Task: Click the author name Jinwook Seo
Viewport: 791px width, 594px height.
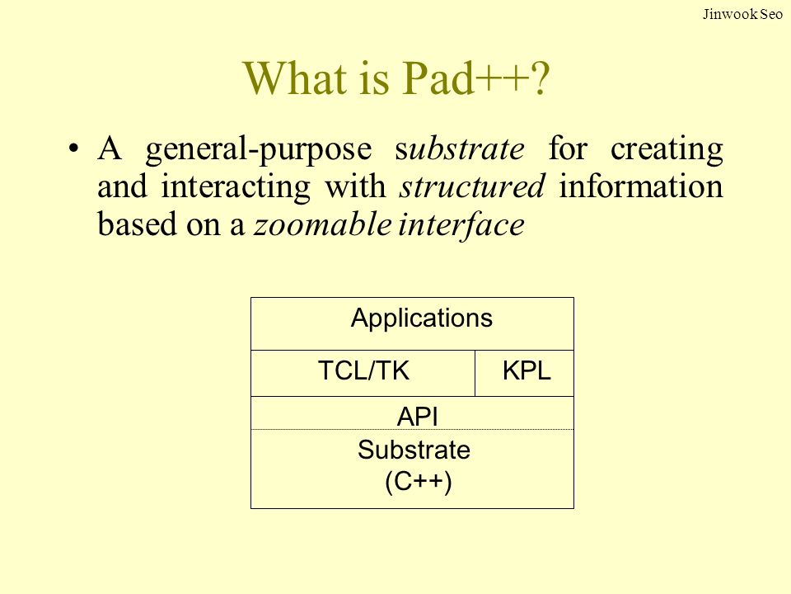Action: (x=742, y=14)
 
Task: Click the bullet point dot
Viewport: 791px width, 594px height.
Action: (x=74, y=149)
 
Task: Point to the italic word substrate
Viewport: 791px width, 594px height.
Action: (x=460, y=148)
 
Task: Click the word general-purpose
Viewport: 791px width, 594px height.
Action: (x=259, y=150)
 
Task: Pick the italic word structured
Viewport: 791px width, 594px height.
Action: (x=472, y=186)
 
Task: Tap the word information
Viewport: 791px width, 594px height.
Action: (x=641, y=186)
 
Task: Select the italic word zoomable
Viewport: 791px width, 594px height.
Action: (x=323, y=224)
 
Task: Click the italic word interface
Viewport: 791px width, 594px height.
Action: (x=461, y=225)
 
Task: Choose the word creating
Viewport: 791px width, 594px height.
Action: (x=667, y=150)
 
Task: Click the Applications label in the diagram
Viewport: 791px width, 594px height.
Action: (x=422, y=318)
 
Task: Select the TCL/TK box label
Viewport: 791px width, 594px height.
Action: (x=363, y=370)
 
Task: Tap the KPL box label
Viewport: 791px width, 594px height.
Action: (x=527, y=371)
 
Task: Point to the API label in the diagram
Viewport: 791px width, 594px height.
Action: (x=418, y=417)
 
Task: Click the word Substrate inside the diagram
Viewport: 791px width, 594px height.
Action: (x=414, y=450)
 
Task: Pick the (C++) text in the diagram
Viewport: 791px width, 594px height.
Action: (x=419, y=481)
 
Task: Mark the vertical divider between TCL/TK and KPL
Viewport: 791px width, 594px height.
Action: (x=475, y=373)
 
